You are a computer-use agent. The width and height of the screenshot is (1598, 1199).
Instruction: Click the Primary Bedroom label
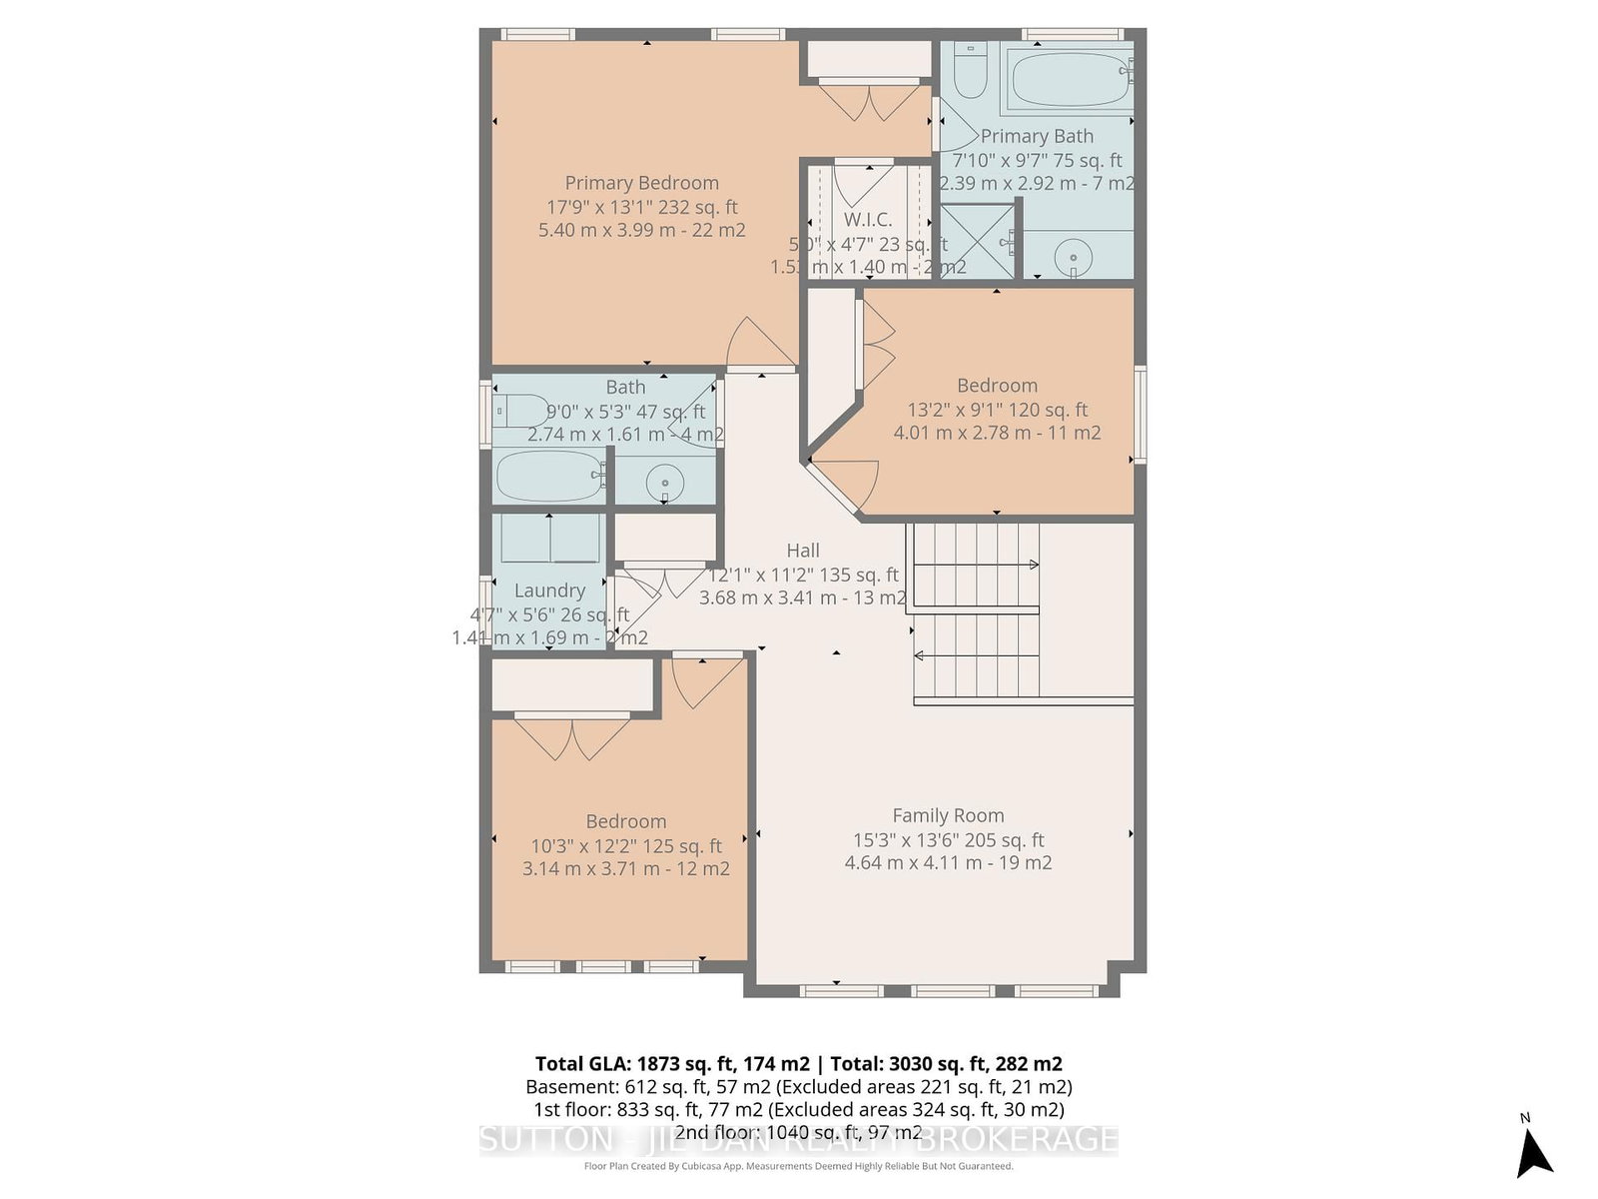(641, 183)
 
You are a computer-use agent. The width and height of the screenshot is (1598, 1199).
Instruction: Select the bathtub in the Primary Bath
(1070, 79)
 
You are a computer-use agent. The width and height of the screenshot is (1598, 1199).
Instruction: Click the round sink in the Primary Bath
(1073, 257)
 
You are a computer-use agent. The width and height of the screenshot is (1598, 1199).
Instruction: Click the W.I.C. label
(867, 220)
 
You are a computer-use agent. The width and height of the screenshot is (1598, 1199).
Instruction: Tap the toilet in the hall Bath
(518, 411)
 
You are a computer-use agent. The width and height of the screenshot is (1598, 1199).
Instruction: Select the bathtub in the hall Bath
(549, 476)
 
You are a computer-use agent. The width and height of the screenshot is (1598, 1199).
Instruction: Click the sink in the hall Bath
(664, 485)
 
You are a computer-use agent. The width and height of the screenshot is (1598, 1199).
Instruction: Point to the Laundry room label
(549, 591)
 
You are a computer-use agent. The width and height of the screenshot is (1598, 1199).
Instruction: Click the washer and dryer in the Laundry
(549, 540)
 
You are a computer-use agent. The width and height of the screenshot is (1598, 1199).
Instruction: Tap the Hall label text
(802, 551)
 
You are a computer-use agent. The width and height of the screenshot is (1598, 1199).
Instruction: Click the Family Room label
(948, 815)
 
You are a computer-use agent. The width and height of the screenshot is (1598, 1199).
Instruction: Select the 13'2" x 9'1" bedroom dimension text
(997, 410)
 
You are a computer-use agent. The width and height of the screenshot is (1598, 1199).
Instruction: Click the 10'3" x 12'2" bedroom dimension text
(625, 845)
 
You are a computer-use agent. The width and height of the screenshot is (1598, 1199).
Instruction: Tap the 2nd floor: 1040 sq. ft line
(798, 1132)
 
